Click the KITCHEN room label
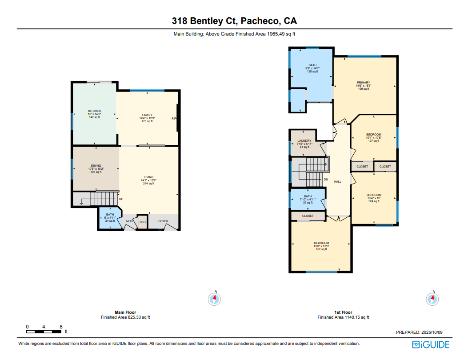[x=94, y=111]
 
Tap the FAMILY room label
[x=147, y=115]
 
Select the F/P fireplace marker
[x=174, y=119]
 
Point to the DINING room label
[x=96, y=166]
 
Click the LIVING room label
[x=148, y=177]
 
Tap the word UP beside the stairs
[x=121, y=199]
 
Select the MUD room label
[x=129, y=221]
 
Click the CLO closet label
[x=143, y=222]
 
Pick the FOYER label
[x=163, y=221]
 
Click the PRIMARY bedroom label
[x=363, y=83]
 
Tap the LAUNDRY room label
[x=304, y=141]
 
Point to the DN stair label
[x=326, y=180]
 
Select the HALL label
[x=338, y=181]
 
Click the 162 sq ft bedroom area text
[x=321, y=249]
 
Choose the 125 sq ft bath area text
[x=312, y=72]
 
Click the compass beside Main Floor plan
[x=214, y=299]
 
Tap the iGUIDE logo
[x=431, y=345]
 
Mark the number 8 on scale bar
[x=61, y=327]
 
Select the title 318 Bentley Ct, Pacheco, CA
[x=234, y=21]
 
